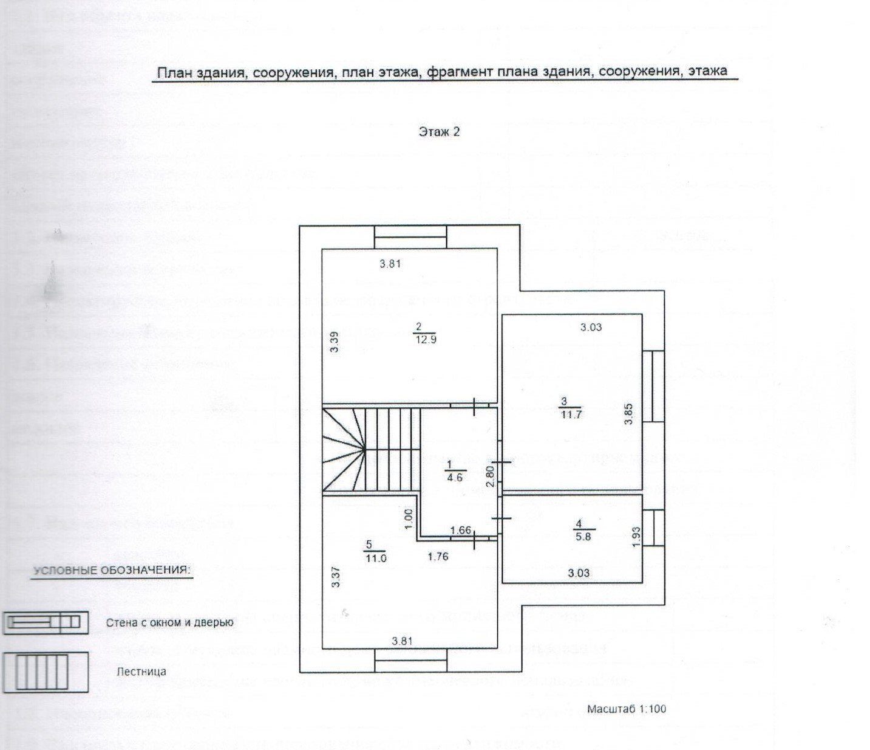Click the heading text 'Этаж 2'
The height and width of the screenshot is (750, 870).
(439, 131)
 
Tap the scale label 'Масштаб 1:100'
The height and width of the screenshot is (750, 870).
(626, 709)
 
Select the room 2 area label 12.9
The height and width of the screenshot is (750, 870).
(425, 340)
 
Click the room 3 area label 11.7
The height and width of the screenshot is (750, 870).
(571, 415)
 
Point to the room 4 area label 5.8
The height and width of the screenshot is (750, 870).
(583, 537)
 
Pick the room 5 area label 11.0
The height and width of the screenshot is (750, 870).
(375, 559)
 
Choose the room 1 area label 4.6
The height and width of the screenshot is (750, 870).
(454, 478)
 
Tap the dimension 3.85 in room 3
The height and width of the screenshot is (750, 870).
(629, 414)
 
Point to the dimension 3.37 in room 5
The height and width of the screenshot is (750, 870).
(336, 577)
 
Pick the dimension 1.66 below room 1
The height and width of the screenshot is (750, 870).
(461, 531)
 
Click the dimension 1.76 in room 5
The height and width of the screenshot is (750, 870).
(438, 556)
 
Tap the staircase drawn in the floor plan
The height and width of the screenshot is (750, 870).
(371, 450)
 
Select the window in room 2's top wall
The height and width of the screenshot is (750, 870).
(410, 237)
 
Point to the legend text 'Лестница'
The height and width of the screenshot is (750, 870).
(141, 672)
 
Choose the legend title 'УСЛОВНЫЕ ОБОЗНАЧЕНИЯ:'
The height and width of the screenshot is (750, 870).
(112, 571)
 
